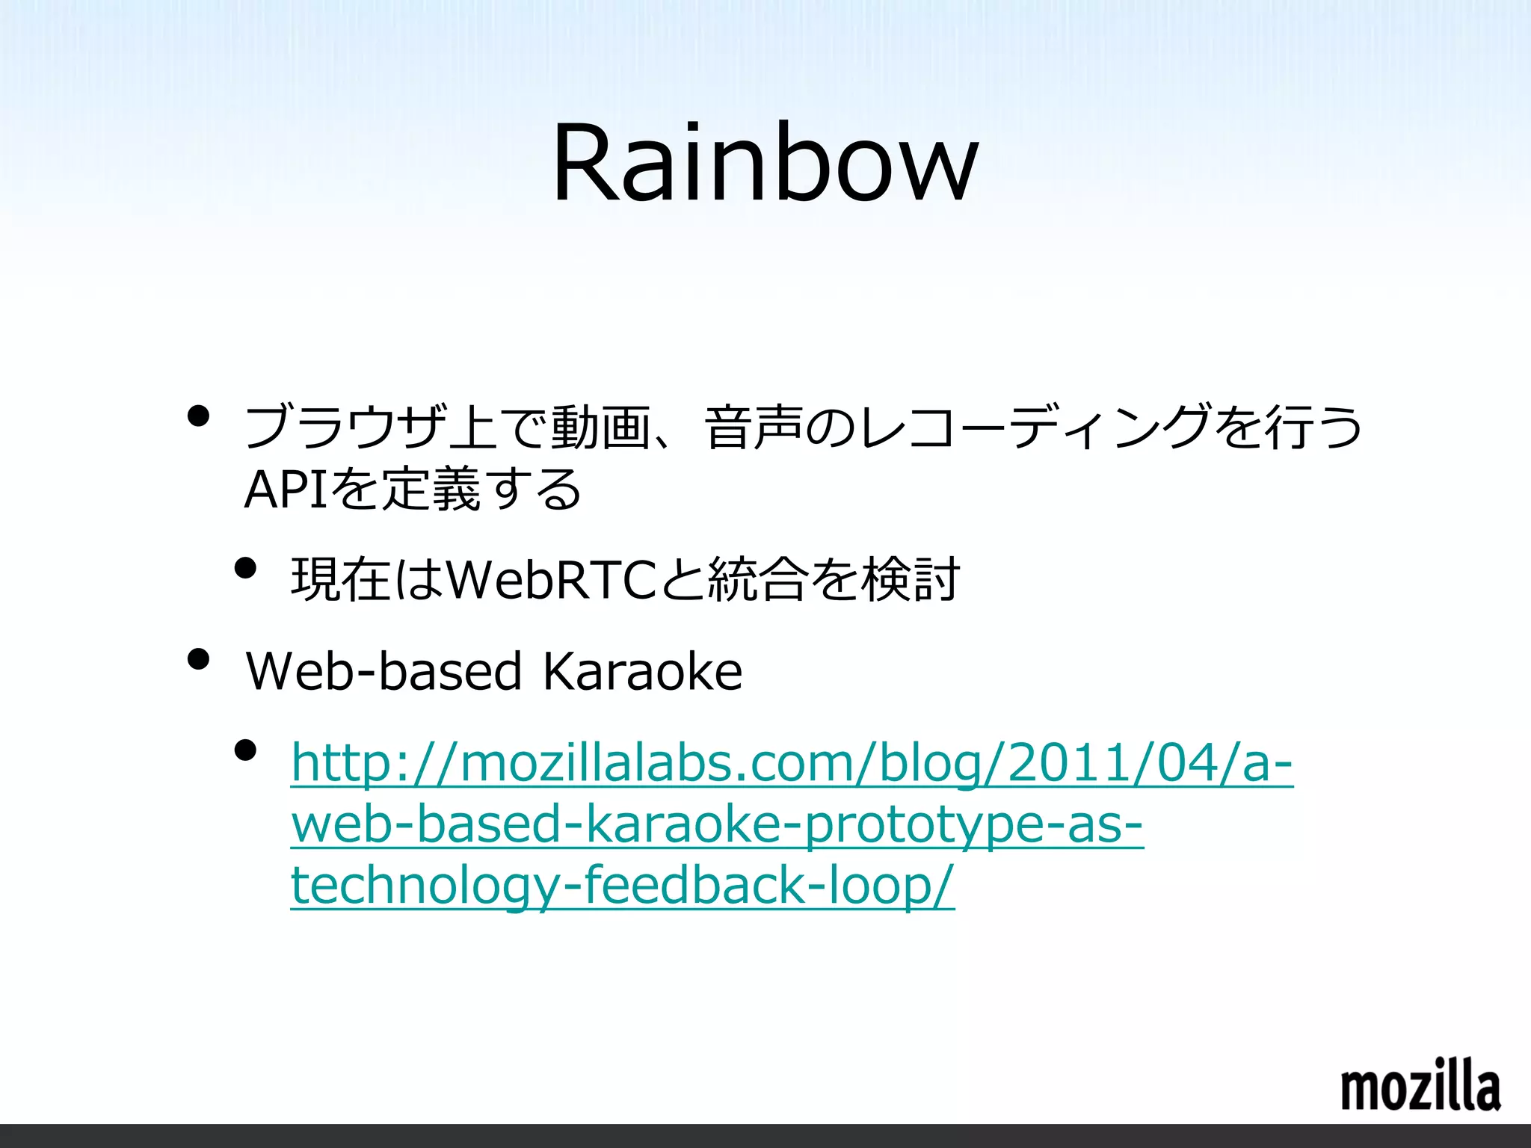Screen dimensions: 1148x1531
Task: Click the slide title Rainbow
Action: click(x=764, y=163)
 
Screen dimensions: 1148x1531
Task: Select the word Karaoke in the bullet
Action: click(x=642, y=671)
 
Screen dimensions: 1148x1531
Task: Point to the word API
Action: click(x=286, y=490)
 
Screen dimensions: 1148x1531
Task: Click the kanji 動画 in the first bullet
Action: click(x=601, y=427)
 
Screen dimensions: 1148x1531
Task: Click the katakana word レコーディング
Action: click(x=1035, y=427)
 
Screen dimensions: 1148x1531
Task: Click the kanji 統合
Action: click(x=758, y=580)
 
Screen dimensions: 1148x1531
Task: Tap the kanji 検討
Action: click(x=911, y=580)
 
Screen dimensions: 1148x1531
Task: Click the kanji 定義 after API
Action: click(x=431, y=490)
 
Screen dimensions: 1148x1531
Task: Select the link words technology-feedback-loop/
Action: click(x=622, y=885)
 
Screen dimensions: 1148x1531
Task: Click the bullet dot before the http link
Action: click(x=245, y=750)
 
